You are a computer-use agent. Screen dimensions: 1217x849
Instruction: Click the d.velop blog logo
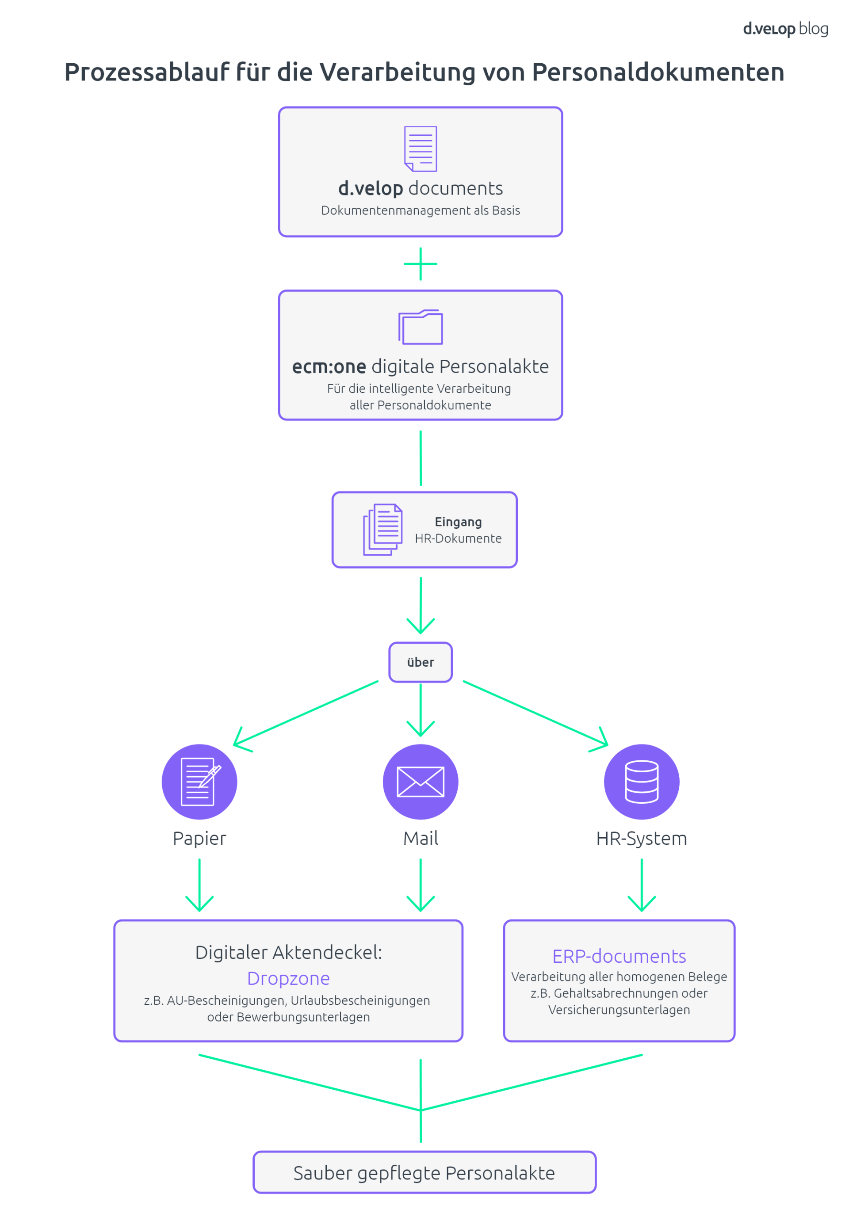coord(785,29)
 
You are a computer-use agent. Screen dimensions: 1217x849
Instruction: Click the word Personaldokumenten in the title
coord(658,72)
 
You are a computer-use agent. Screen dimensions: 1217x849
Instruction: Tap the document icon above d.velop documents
coord(421,149)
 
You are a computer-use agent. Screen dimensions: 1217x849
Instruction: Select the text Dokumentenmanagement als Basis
coord(421,210)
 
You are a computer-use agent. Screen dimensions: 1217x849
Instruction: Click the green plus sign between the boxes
coord(421,263)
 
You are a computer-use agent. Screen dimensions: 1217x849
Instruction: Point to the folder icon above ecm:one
coord(421,327)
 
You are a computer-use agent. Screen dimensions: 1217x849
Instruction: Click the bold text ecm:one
coord(329,367)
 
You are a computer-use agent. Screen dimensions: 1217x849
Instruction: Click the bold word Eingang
coord(458,522)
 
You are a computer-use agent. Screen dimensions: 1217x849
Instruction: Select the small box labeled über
coord(421,662)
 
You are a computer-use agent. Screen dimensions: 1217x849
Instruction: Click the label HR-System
coord(642,839)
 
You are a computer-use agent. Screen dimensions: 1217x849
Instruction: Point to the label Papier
coord(199,839)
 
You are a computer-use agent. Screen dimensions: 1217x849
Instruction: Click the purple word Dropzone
coord(288,978)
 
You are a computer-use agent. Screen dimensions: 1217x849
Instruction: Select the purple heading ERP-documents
coord(619,956)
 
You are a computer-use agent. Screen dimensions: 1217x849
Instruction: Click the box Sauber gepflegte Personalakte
coord(424,1173)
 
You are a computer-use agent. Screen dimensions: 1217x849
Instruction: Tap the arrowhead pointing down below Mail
coord(421,903)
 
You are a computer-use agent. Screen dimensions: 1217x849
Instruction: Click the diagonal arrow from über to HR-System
coord(535,713)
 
